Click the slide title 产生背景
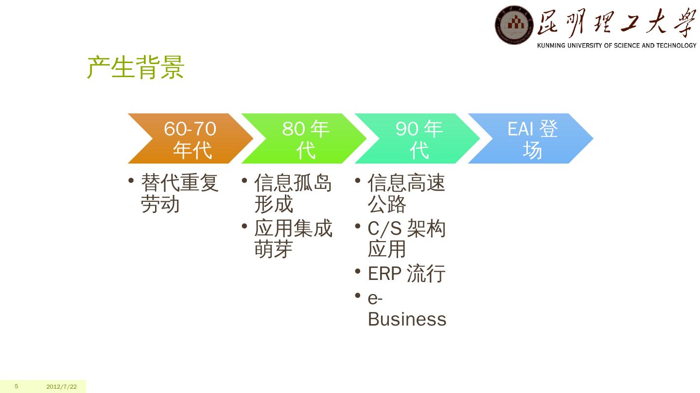136,67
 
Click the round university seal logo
514,25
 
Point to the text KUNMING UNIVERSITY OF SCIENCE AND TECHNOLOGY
616,46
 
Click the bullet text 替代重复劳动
179,194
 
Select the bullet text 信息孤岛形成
293,194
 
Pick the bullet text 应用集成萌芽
293,239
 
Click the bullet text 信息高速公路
406,194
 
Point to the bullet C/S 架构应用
406,239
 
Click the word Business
407,319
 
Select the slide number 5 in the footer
17,386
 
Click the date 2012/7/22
62,387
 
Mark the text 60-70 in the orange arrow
190,129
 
